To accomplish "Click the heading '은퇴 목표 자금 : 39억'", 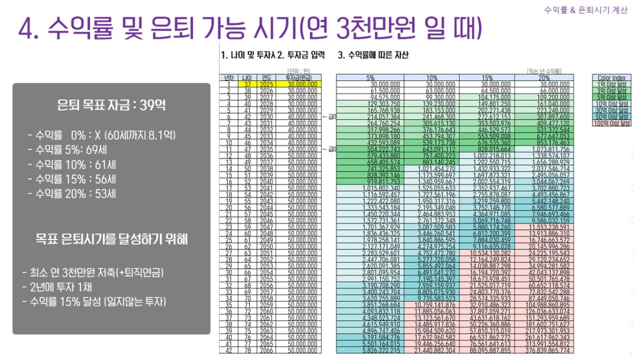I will (x=111, y=105).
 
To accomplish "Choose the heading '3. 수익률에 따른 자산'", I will (x=373, y=55).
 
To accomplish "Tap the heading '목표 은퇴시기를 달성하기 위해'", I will (x=111, y=239).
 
